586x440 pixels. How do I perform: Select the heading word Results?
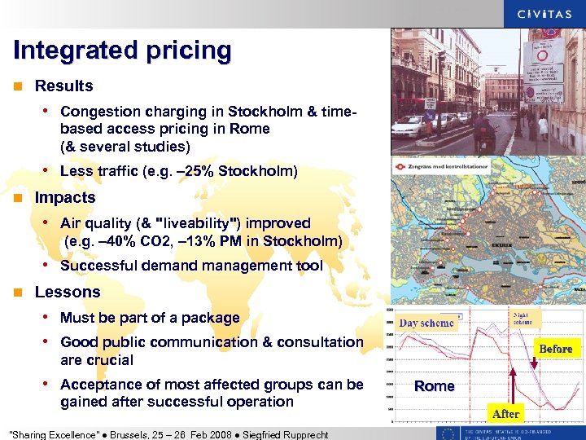64,86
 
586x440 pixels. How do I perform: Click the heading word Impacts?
65,197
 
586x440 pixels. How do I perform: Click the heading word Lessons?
68,292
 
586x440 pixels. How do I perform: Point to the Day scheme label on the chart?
426,323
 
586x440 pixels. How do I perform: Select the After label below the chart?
505,414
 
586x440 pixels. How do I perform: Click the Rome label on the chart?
434,385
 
